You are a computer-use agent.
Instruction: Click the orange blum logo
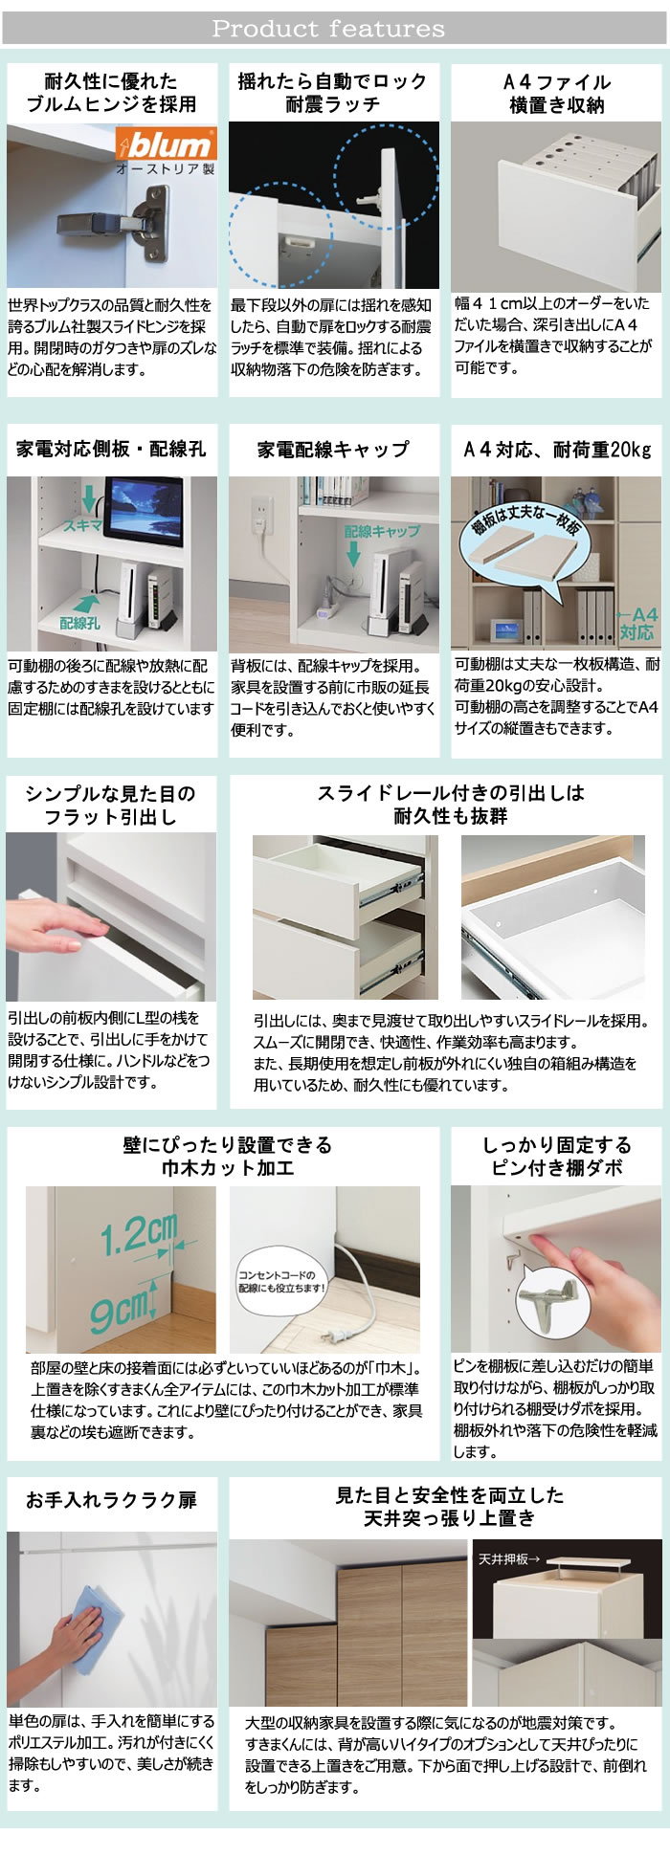164,145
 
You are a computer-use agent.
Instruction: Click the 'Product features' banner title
328,29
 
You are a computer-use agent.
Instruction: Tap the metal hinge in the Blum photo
112,222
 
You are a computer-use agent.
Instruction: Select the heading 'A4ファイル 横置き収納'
556,93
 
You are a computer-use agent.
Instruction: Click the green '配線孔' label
79,623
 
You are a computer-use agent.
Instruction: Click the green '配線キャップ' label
382,531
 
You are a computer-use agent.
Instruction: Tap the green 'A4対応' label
638,623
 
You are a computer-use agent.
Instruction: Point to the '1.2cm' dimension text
141,1235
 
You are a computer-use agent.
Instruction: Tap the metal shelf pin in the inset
552,1302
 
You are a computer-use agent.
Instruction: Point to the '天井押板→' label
509,1558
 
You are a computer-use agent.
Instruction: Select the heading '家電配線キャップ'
332,449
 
